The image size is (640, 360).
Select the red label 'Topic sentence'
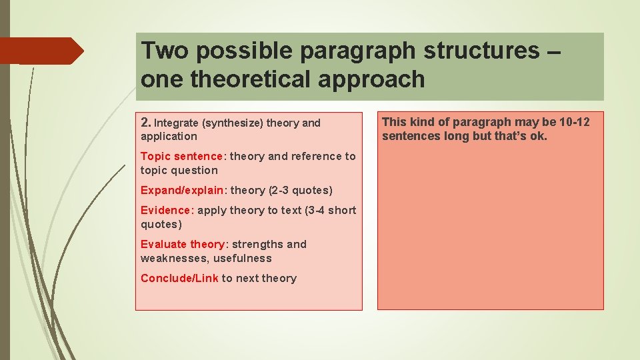pos(181,157)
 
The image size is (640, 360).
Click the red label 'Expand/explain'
pos(182,191)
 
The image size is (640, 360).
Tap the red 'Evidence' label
pos(165,211)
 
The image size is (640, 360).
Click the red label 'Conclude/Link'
pos(179,279)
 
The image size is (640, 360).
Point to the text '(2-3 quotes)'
pos(300,191)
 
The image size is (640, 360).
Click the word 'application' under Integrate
pos(169,137)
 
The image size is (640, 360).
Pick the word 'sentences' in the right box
pos(407,137)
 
